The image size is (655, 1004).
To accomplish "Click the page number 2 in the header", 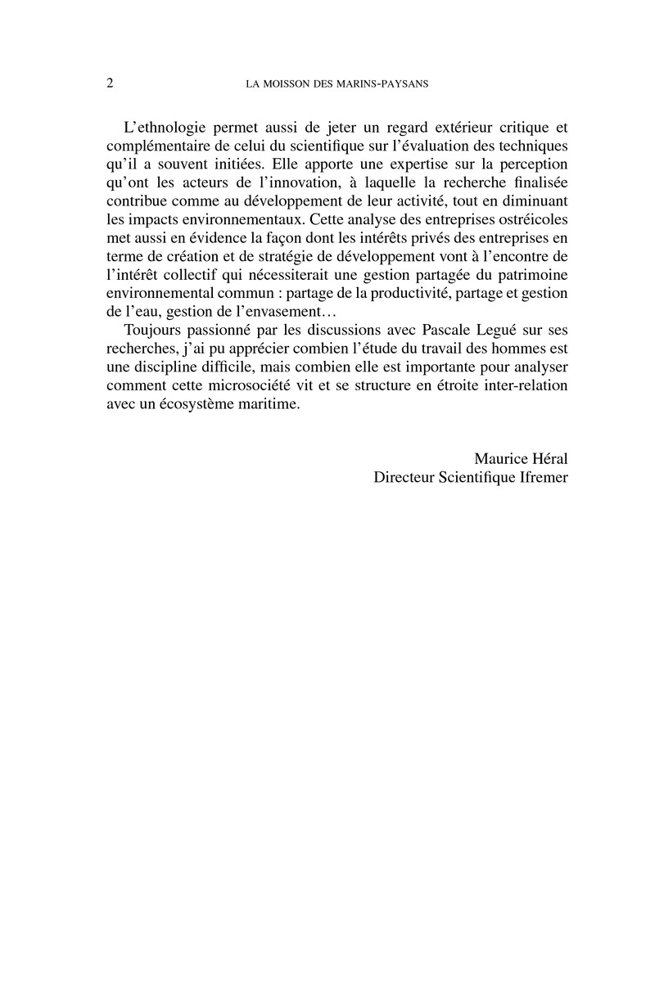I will coord(111,83).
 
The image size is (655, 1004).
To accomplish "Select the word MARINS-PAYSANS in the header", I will coord(386,83).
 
